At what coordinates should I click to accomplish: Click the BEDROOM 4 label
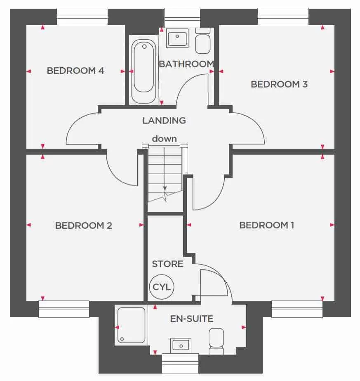click(75, 71)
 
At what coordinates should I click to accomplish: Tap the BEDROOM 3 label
click(279, 84)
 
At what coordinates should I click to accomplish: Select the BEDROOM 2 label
click(84, 225)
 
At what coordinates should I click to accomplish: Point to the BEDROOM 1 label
click(267, 225)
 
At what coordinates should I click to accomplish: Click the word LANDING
click(164, 121)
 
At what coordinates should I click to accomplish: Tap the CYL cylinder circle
click(162, 287)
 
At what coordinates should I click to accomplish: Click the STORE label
click(167, 264)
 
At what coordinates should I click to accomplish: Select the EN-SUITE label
click(192, 319)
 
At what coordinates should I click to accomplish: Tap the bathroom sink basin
click(178, 38)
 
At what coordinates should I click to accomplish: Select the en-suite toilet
click(216, 341)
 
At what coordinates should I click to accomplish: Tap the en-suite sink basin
click(181, 344)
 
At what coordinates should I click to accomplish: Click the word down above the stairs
click(164, 139)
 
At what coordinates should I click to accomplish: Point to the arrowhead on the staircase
click(165, 188)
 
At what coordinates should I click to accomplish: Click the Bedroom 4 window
click(82, 17)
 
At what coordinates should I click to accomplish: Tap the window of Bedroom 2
click(64, 309)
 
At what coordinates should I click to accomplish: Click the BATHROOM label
click(186, 64)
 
